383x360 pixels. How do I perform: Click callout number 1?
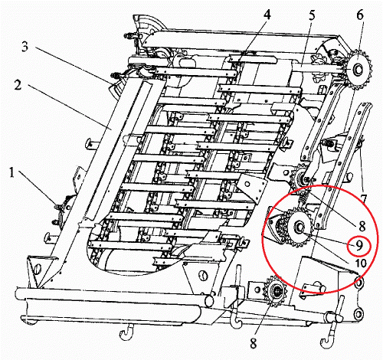[12, 173]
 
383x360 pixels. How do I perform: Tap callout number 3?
[25, 47]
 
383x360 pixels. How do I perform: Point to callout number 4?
[267, 15]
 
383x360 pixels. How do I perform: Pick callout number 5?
[312, 16]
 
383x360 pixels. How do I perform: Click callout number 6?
[360, 15]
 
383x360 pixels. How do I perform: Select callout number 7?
[363, 199]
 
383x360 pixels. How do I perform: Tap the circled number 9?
[359, 246]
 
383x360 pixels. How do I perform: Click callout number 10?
[361, 263]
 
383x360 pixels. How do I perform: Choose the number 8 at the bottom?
[253, 343]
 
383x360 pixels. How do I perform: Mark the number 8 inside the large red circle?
[362, 226]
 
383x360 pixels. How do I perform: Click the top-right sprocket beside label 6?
[358, 69]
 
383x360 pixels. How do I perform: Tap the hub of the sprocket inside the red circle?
[300, 227]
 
